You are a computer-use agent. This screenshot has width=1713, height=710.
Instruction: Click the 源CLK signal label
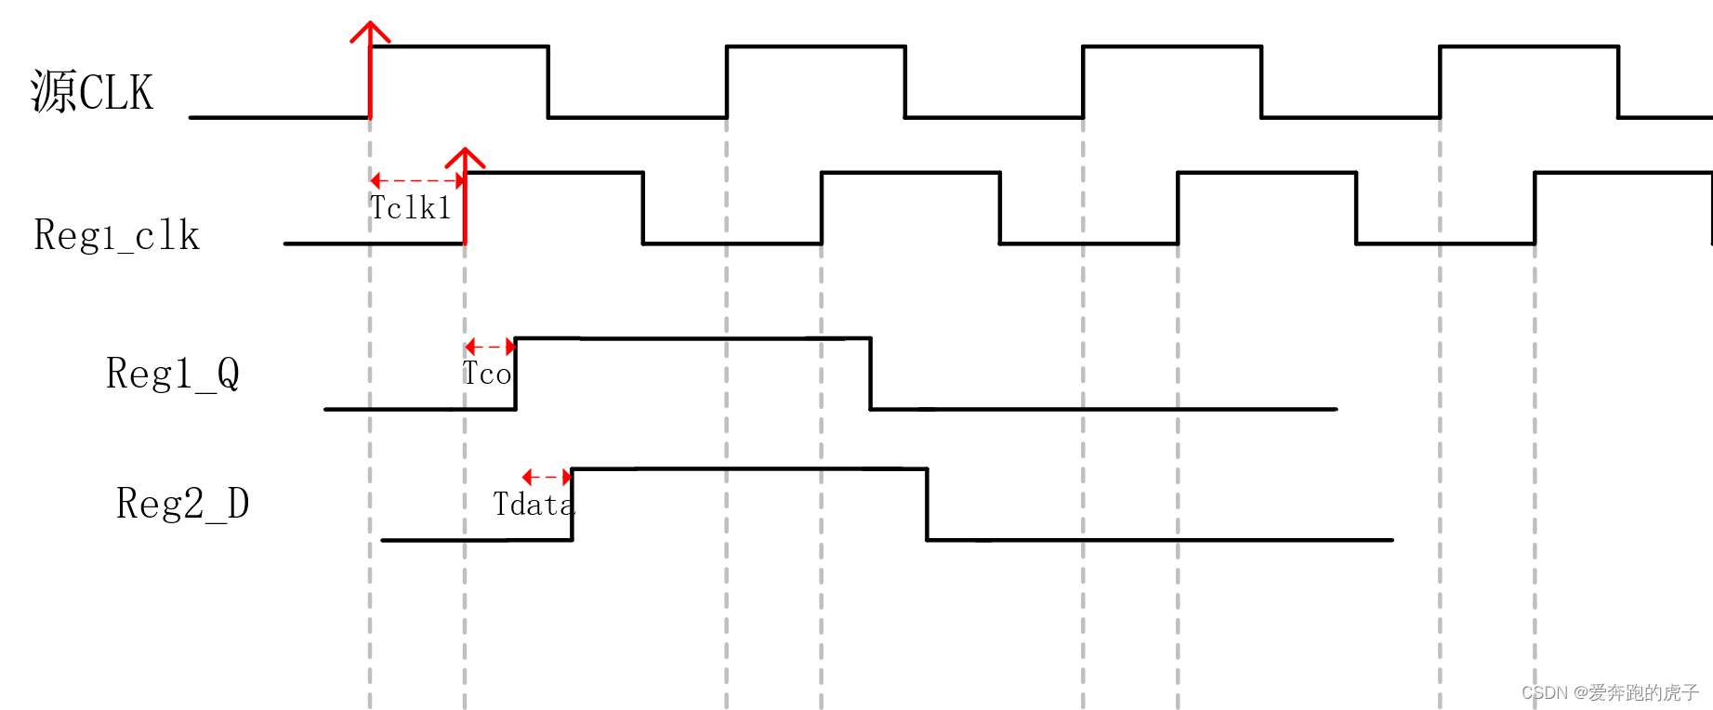(92, 92)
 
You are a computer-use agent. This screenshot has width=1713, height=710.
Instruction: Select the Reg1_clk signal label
(117, 236)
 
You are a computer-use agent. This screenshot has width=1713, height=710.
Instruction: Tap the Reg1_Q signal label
(173, 374)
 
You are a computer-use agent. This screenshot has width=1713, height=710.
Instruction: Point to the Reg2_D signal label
(182, 504)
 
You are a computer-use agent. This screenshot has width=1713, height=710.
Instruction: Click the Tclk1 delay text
(410, 208)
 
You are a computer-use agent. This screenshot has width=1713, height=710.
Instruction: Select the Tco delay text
(487, 374)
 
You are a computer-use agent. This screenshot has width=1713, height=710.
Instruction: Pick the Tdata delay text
(533, 505)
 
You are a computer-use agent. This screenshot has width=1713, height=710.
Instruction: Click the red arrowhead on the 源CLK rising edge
(370, 33)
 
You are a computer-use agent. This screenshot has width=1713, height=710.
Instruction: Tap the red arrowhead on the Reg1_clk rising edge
(465, 158)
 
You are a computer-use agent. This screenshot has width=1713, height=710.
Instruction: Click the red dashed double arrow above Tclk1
(417, 180)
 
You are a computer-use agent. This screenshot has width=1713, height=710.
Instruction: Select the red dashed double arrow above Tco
(490, 347)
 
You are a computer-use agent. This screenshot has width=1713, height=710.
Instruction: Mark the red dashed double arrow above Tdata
(547, 477)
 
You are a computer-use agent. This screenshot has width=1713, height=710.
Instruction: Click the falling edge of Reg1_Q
(870, 374)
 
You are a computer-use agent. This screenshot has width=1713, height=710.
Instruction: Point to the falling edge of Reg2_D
(927, 505)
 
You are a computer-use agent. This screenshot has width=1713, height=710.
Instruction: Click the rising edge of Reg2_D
(572, 505)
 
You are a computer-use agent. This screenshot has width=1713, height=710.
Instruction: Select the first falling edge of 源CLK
(548, 82)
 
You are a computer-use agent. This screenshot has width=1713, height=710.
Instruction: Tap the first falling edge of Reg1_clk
(643, 208)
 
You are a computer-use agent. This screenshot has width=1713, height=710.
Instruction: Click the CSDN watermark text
(1610, 692)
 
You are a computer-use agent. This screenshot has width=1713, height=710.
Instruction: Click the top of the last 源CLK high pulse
(1529, 46)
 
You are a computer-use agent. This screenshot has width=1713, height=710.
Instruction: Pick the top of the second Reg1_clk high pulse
(911, 173)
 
